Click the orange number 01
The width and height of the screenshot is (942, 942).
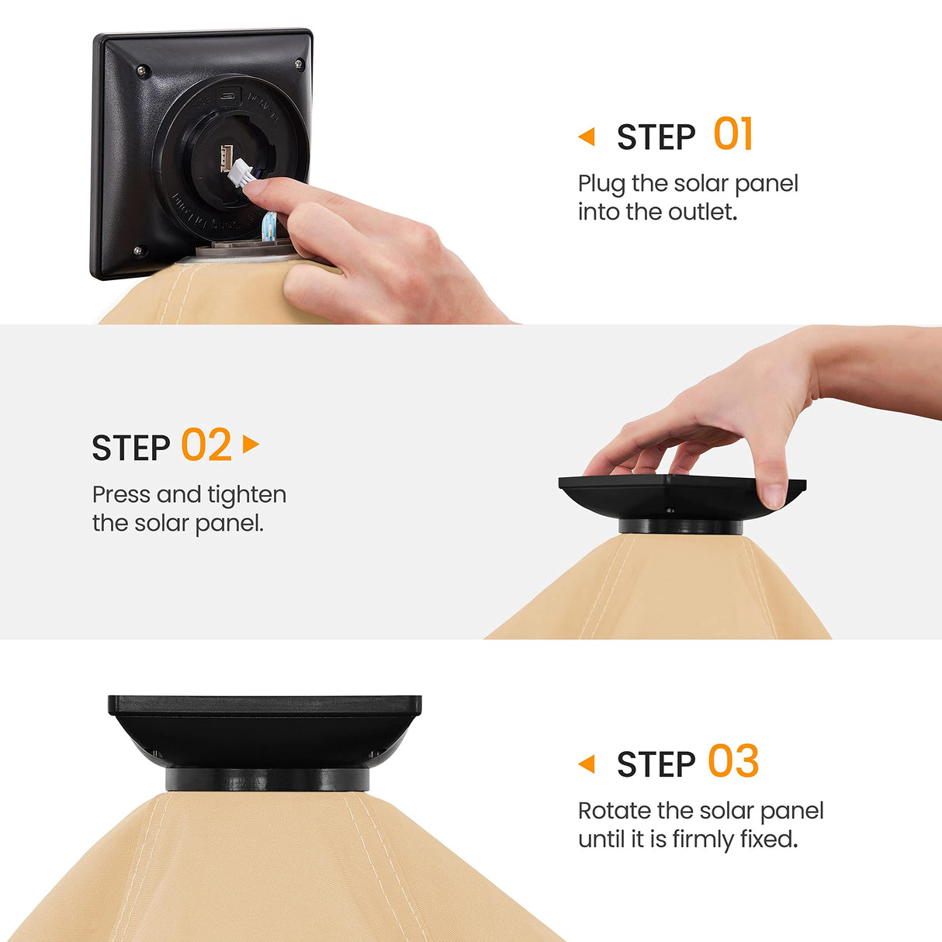732,133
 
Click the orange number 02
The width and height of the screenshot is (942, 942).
206,444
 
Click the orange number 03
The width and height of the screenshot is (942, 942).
733,760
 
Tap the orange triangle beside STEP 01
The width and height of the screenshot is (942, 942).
587,137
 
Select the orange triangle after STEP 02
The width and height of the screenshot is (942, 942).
251,444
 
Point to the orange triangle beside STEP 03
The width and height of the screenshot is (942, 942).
587,764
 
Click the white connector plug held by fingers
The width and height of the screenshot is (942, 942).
241,172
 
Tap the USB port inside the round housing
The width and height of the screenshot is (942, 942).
226,158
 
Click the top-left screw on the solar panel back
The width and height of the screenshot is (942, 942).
142,71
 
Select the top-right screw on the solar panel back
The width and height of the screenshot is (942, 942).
299,64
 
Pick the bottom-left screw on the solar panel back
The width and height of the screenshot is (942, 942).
138,251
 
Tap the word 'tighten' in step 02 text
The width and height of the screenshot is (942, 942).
247,496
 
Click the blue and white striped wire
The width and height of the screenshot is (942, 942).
268,226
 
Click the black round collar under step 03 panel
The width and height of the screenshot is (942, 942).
268,779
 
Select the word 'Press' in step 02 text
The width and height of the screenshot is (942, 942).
122,495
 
